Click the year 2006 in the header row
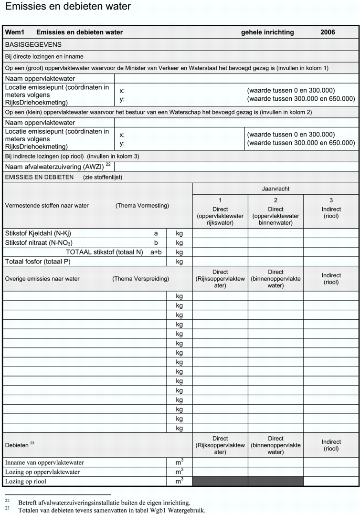(328, 32)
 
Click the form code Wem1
(14, 32)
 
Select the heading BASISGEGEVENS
(33, 44)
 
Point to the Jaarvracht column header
(275, 189)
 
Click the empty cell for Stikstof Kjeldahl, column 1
(220, 233)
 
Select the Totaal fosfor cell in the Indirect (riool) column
(331, 262)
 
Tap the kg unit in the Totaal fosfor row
(180, 262)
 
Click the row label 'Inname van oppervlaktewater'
(44, 462)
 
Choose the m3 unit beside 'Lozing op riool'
(180, 481)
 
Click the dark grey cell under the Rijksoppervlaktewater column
(220, 481)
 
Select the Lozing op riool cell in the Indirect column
(331, 481)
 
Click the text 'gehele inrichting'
(267, 32)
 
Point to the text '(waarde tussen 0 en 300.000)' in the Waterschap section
(291, 135)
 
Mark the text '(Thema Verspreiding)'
(140, 279)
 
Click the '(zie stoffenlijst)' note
(103, 177)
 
